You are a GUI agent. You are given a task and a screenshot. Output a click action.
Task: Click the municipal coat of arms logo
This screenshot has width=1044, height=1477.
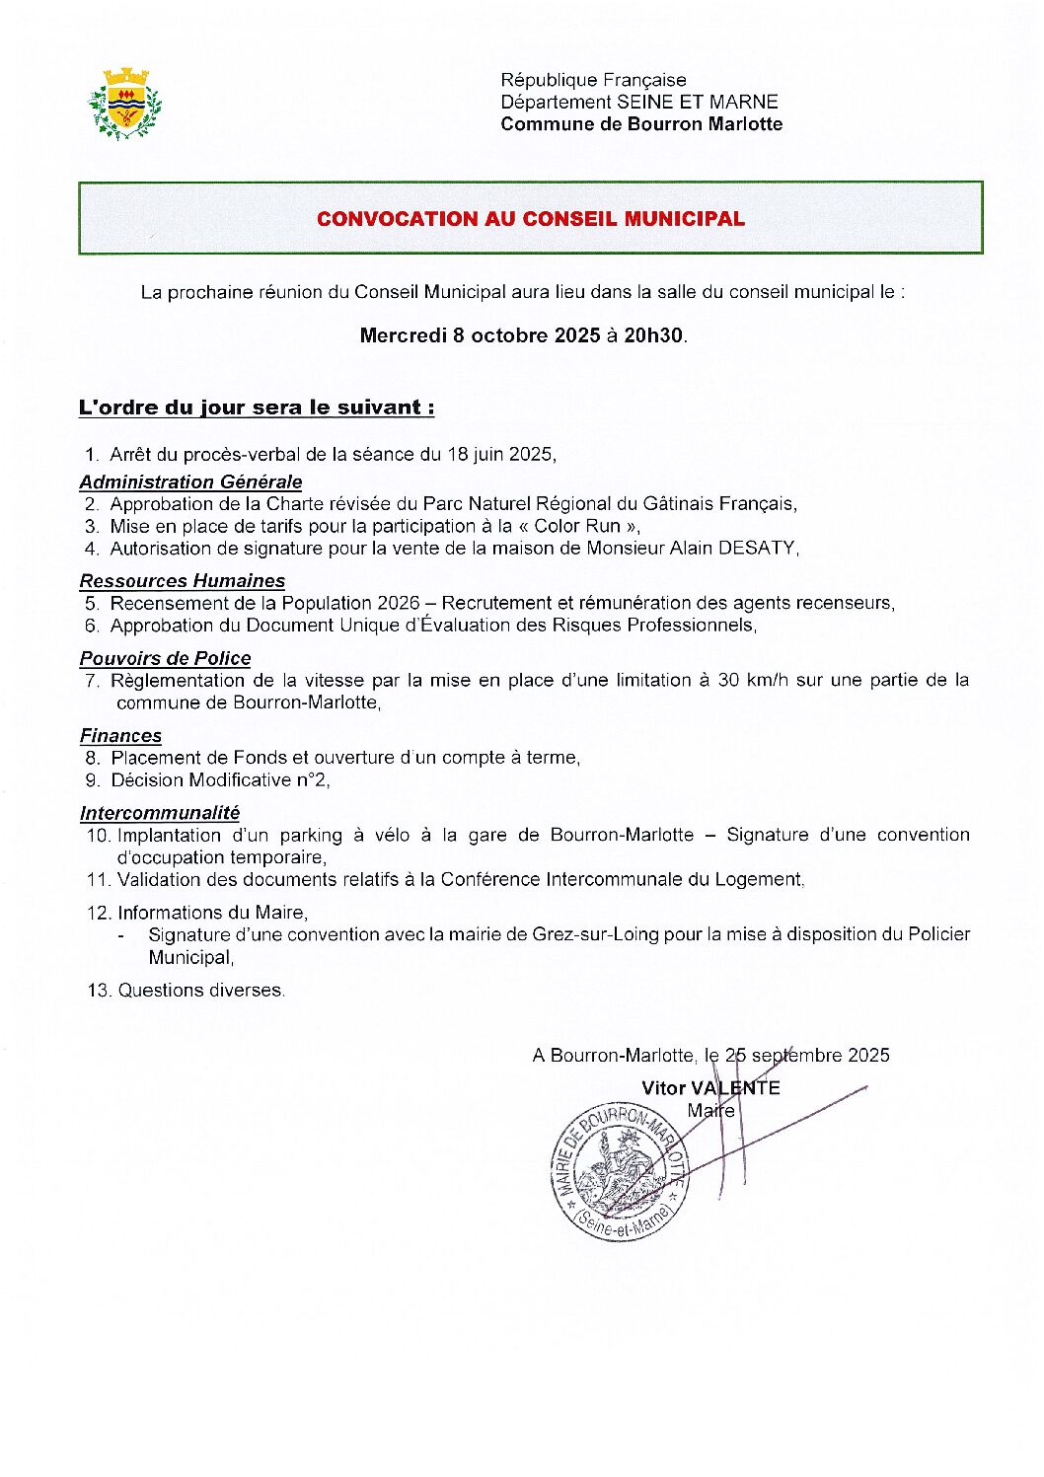click(124, 104)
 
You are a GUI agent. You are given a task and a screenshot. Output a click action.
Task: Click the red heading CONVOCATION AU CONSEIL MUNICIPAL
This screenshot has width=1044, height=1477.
click(530, 219)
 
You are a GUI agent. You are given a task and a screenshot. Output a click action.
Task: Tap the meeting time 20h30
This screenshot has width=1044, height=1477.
click(652, 335)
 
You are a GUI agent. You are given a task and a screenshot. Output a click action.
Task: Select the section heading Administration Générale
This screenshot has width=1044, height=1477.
click(190, 481)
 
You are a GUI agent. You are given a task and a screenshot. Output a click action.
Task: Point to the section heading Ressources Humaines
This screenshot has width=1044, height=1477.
click(183, 581)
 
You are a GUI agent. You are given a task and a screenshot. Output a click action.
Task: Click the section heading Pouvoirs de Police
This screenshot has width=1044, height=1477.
click(165, 658)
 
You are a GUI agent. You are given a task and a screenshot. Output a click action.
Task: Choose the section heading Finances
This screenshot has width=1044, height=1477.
click(120, 735)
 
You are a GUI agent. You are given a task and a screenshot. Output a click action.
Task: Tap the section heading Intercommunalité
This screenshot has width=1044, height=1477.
click(160, 813)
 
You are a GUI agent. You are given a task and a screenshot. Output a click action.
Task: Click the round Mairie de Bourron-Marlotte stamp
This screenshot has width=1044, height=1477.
click(618, 1171)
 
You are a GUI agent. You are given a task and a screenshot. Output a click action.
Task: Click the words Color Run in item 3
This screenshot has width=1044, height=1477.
click(577, 526)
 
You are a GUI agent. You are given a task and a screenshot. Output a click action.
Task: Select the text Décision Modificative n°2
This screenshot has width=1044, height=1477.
click(219, 779)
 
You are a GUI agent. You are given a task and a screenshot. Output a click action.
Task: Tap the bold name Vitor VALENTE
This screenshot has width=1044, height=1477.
click(710, 1087)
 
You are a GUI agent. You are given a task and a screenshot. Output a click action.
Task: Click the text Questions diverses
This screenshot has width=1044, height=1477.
click(200, 990)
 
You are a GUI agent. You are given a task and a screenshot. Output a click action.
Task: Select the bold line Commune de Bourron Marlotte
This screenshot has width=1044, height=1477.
click(641, 124)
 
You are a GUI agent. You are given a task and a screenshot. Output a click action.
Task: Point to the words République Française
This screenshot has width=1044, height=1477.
click(593, 80)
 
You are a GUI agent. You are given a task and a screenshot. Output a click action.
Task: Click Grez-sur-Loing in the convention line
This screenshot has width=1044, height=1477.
click(595, 934)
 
